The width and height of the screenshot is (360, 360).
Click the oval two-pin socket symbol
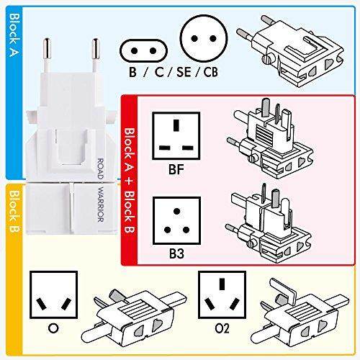point(143,51)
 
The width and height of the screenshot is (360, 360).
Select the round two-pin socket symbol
point(204,38)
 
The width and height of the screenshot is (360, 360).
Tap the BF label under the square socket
point(176,169)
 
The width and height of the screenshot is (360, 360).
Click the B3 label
point(176,254)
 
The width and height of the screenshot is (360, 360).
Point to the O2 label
point(222,328)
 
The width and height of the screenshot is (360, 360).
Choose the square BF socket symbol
point(176,136)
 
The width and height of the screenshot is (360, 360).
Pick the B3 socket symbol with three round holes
point(176,221)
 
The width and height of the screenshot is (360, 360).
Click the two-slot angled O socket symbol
point(53,294)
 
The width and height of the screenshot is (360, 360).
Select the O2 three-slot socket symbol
point(222,294)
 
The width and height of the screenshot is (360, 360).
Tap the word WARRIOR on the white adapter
point(101,204)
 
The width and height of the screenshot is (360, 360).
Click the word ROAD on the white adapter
point(101,168)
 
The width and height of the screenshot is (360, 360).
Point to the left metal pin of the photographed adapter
point(47,55)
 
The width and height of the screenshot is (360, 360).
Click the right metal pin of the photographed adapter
point(95,55)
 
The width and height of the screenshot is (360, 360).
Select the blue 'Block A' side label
point(14,35)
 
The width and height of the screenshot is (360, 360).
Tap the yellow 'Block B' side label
point(14,211)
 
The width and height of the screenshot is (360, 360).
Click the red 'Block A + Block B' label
point(130,181)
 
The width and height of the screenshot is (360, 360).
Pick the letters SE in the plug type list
point(184,72)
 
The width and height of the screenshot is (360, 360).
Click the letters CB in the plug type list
point(211,72)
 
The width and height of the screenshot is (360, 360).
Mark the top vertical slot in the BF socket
point(176,125)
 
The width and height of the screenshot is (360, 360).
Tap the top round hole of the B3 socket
point(176,211)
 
